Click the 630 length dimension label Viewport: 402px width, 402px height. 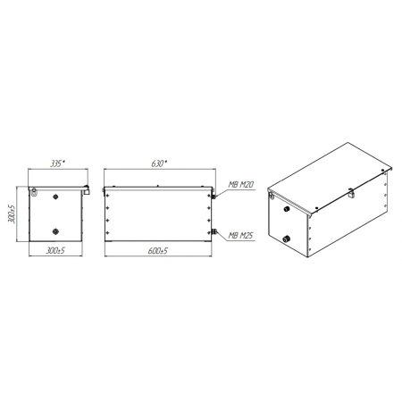[x=159, y=163]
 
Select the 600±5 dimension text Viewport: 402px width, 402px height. [x=157, y=251]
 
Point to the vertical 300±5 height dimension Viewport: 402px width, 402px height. [x=12, y=214]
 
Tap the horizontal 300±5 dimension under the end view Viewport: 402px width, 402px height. [x=55, y=250]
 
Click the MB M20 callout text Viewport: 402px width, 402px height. [x=241, y=185]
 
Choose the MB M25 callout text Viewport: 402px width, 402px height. [x=241, y=236]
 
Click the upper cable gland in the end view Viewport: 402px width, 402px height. [x=55, y=197]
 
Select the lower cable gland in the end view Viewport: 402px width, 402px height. [x=55, y=231]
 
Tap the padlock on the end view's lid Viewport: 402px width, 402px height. [x=87, y=190]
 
